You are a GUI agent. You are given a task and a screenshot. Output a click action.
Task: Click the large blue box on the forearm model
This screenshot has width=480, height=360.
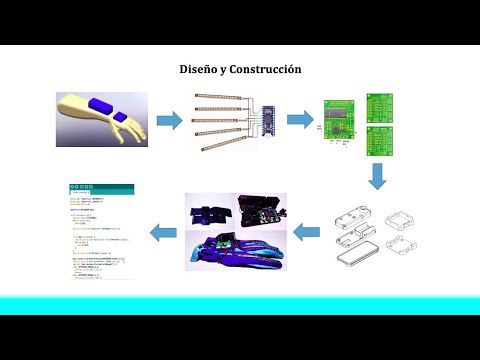point(100,104)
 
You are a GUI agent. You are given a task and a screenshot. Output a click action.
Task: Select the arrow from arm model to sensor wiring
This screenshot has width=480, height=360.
point(170,121)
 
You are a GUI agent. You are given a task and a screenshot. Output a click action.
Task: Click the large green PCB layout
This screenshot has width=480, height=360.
point(340,120)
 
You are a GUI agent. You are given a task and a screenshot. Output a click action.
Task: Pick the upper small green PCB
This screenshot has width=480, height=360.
point(380,103)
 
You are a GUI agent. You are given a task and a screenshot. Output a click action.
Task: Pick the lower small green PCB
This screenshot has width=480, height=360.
point(380,142)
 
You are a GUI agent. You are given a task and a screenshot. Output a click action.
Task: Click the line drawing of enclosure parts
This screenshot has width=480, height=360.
point(376,236)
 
